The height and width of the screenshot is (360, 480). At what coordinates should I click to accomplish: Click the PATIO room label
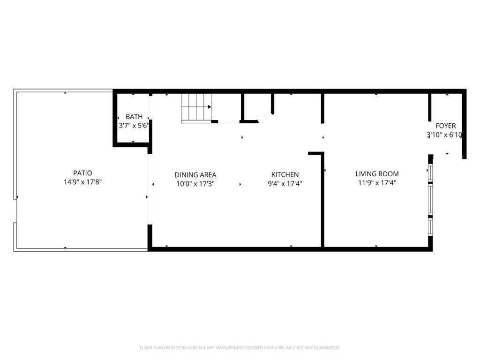point(82,173)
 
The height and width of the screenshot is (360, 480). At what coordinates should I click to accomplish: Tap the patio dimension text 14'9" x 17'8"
point(82,182)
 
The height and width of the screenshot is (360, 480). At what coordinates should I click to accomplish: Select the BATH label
point(134,117)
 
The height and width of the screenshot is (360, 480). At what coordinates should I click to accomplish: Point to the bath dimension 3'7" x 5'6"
point(134,126)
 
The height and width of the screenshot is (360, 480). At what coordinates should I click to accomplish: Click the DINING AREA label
point(195,175)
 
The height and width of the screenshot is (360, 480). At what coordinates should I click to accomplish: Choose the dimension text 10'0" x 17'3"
point(195,184)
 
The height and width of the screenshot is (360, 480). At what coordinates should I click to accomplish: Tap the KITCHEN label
point(285,175)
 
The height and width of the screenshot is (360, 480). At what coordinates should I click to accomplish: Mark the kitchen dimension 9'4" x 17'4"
point(285,184)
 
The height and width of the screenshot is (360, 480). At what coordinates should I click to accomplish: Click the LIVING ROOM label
point(377,174)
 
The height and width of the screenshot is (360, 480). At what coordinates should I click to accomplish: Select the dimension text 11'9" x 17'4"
point(377,183)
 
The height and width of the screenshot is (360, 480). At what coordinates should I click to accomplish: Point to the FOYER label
point(445,126)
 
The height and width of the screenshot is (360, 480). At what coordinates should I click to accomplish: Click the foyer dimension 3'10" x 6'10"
point(444,135)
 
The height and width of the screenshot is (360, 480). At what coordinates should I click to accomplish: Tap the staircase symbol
point(196,107)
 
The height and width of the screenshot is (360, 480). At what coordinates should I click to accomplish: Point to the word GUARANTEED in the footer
point(326,348)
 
